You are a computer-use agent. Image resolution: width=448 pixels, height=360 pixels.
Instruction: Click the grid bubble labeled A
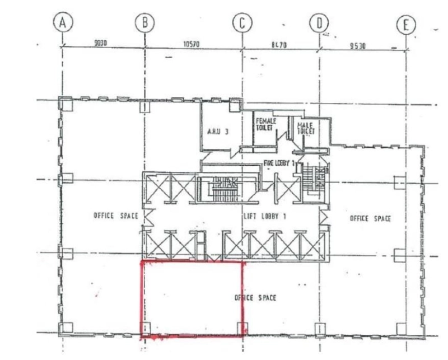(x=63, y=23)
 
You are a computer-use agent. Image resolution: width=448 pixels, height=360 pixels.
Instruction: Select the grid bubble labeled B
(x=144, y=23)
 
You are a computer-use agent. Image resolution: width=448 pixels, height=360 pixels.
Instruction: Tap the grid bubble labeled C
(x=242, y=23)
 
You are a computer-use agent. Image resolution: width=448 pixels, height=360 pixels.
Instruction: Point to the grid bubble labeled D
(x=319, y=23)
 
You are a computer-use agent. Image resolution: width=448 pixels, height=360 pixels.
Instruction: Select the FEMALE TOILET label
(x=264, y=124)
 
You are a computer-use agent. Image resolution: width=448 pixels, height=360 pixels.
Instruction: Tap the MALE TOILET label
(x=306, y=127)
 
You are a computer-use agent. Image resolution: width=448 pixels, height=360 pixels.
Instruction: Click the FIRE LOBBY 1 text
(x=283, y=162)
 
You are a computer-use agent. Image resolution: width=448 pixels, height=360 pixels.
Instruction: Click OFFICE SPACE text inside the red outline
(x=255, y=298)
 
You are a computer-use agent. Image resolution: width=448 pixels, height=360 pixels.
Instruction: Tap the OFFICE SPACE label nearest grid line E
(x=370, y=218)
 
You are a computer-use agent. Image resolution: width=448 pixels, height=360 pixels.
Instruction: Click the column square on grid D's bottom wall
(x=319, y=328)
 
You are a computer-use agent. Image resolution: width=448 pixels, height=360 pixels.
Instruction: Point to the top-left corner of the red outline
(x=141, y=262)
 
